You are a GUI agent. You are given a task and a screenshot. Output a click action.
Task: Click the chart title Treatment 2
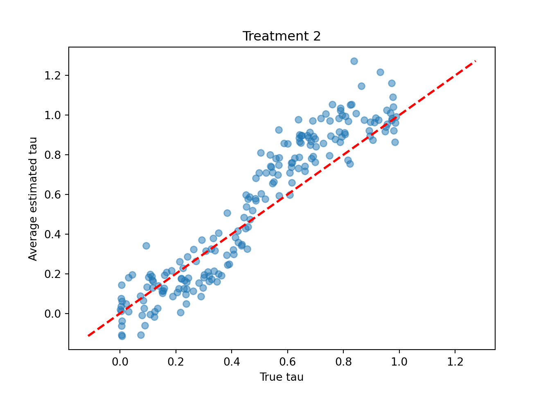[282, 36]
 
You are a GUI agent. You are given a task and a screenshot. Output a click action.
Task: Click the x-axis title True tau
[282, 377]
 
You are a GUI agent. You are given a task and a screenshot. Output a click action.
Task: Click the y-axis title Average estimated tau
[33, 199]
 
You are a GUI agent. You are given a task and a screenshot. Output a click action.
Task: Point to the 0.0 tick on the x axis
[120, 362]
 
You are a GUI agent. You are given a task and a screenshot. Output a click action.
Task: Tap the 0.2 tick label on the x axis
[176, 362]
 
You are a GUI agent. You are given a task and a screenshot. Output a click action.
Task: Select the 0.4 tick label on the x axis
[232, 362]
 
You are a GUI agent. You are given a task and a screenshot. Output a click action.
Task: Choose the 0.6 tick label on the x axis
[287, 362]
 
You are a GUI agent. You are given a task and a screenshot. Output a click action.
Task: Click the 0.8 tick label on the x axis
[343, 362]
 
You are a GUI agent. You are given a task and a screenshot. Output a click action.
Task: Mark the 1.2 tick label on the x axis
[455, 362]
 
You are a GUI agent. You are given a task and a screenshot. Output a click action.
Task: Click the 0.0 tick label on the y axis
[53, 314]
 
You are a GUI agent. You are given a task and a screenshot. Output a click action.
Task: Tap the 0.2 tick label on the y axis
[53, 274]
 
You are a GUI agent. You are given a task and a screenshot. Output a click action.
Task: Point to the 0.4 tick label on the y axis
[53, 235]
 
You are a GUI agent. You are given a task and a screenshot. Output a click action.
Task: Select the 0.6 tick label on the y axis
[53, 195]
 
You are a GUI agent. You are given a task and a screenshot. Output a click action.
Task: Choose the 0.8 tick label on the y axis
[53, 155]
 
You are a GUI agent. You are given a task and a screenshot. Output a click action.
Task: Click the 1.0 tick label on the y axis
[53, 115]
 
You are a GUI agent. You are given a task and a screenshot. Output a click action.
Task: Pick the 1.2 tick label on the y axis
[53, 76]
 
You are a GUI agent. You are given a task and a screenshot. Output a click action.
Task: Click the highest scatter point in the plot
[354, 61]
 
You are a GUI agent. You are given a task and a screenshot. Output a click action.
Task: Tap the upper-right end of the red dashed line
[476, 61]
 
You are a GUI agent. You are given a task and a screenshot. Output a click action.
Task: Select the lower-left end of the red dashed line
[88, 336]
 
